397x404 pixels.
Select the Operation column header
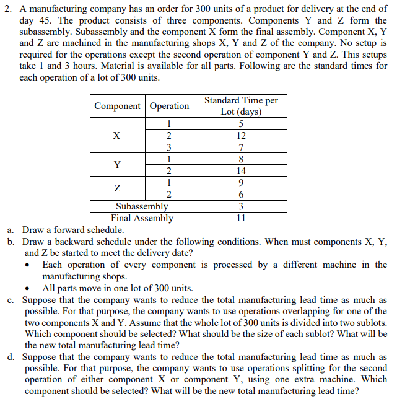click(x=169, y=106)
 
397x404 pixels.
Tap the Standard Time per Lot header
click(x=241, y=106)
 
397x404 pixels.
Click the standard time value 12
click(x=241, y=136)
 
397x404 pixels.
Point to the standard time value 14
click(x=241, y=171)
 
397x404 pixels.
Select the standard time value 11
click(x=241, y=217)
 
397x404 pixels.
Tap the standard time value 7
click(x=241, y=147)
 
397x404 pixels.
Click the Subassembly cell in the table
click(x=142, y=206)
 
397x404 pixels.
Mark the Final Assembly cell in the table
click(x=142, y=217)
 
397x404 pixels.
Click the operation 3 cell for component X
click(x=169, y=147)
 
